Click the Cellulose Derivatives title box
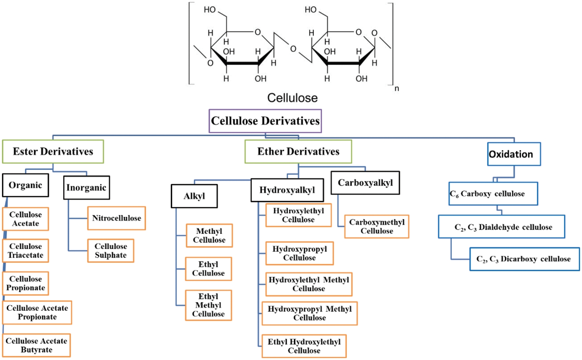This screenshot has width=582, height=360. pyautogui.click(x=265, y=121)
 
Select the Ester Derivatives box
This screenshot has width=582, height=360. pyautogui.click(x=53, y=152)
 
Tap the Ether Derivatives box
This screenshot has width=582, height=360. pyautogui.click(x=298, y=152)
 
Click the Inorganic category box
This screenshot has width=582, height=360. pyautogui.click(x=87, y=188)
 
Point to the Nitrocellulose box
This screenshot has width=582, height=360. pyautogui.click(x=116, y=218)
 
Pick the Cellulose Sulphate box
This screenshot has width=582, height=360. pyautogui.click(x=111, y=251)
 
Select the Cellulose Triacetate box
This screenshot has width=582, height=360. pyautogui.click(x=26, y=251)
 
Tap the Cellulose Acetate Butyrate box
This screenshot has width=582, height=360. pyautogui.click(x=36, y=345)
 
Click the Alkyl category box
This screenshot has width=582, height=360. pyautogui.click(x=194, y=196)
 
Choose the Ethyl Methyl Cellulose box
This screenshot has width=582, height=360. pyautogui.click(x=208, y=305)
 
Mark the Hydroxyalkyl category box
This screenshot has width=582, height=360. pyautogui.click(x=287, y=190)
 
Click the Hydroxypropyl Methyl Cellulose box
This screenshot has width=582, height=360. pyautogui.click(x=310, y=313)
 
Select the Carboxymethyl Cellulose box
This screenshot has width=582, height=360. pyautogui.click(x=377, y=227)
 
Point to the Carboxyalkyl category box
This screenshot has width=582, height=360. pyautogui.click(x=365, y=183)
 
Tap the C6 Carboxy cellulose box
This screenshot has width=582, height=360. pyautogui.click(x=493, y=194)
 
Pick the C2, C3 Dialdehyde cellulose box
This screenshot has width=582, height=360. pyautogui.click(x=501, y=227)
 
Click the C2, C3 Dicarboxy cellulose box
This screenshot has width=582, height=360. pyautogui.click(x=525, y=259)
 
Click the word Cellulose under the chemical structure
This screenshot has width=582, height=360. pyautogui.click(x=292, y=98)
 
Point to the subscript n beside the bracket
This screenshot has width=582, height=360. pyautogui.click(x=397, y=89)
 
